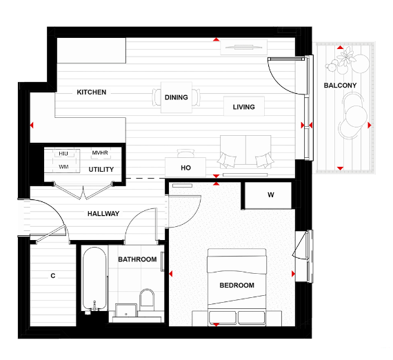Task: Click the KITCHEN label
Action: click(x=91, y=92)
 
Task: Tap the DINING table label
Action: click(x=177, y=97)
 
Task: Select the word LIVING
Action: click(x=243, y=107)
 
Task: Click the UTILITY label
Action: click(x=101, y=170)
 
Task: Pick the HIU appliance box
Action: click(x=63, y=153)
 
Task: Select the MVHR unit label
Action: click(x=101, y=153)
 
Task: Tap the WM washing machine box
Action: click(x=63, y=167)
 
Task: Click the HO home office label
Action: click(x=185, y=168)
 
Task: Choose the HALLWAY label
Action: click(x=103, y=214)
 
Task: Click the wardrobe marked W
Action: click(x=270, y=195)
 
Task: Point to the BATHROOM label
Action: click(x=137, y=260)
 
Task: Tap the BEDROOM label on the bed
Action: click(x=236, y=286)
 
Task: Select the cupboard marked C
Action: click(x=52, y=277)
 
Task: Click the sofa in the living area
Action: click(x=244, y=152)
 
